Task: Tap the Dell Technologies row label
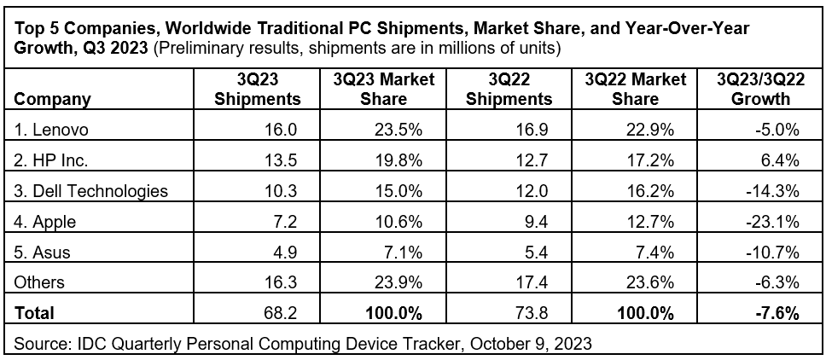coord(91,191)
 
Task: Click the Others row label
coord(40,282)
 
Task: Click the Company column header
coord(53,99)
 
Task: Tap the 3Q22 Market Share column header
coord(636,89)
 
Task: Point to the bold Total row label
coord(35,313)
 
